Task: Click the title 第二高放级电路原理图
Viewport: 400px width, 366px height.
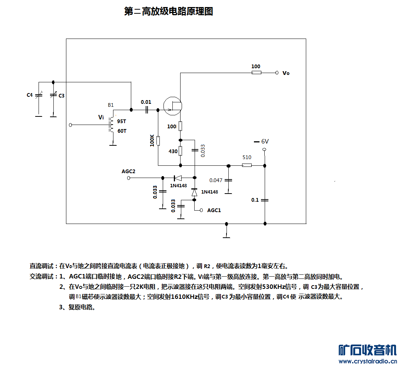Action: point(169,11)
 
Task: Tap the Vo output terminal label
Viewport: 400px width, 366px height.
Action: point(286,73)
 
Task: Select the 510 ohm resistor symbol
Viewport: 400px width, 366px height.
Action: point(247,165)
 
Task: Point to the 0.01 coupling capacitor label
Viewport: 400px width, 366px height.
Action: point(146,102)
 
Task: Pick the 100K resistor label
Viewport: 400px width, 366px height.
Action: point(152,141)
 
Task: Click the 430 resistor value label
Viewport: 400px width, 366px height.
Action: point(173,151)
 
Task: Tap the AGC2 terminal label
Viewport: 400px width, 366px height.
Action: point(128,171)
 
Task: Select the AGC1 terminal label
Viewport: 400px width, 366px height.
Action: point(214,210)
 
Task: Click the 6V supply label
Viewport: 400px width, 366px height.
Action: point(265,141)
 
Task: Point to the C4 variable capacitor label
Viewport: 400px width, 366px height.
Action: point(30,95)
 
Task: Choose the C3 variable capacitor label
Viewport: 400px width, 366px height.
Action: point(62,96)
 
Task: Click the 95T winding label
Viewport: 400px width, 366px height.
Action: point(122,121)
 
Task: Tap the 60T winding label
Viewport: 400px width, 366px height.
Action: point(122,131)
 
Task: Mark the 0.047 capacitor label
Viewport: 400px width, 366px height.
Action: point(216,180)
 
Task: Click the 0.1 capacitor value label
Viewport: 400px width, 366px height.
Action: point(255,200)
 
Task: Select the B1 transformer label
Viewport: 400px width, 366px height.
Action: point(111,105)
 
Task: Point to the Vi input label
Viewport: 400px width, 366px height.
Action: point(101,117)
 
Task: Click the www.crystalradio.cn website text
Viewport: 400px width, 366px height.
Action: point(367,361)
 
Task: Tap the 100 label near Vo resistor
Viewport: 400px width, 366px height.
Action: point(256,66)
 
